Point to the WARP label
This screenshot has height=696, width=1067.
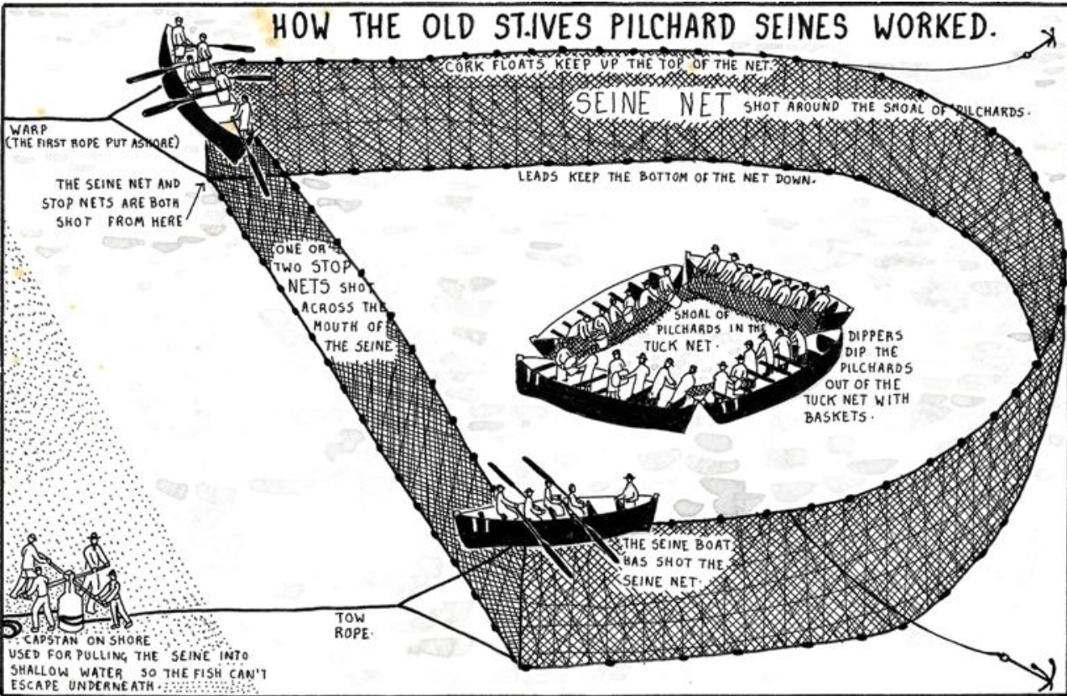click(29, 129)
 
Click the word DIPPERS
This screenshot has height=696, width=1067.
click(876, 336)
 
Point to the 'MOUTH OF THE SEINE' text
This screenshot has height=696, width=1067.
click(355, 336)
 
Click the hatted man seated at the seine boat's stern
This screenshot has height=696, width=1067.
click(629, 491)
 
